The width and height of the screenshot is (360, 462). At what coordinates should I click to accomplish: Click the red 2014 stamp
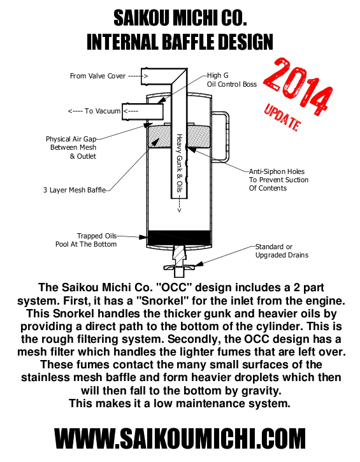point(298,86)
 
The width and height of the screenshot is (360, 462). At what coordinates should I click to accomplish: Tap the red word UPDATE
point(282,117)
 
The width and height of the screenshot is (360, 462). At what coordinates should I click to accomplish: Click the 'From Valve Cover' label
point(98,76)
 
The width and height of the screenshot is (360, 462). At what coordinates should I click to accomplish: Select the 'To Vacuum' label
point(103,111)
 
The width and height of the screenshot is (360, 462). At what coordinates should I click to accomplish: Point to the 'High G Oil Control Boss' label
point(231,80)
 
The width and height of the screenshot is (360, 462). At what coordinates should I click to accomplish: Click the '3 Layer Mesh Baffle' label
point(75,190)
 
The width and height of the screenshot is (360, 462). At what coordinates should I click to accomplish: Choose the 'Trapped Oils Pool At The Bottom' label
point(86,240)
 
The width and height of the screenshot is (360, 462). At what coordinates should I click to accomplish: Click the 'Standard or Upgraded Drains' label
point(282,250)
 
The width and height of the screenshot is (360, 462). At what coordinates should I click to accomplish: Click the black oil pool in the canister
point(179,238)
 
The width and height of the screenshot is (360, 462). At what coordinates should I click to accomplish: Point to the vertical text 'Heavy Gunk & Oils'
point(179,163)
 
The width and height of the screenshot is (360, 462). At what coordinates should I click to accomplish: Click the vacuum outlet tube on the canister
point(143,112)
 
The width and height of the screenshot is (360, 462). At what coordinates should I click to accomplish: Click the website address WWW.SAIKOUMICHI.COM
point(180,438)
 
